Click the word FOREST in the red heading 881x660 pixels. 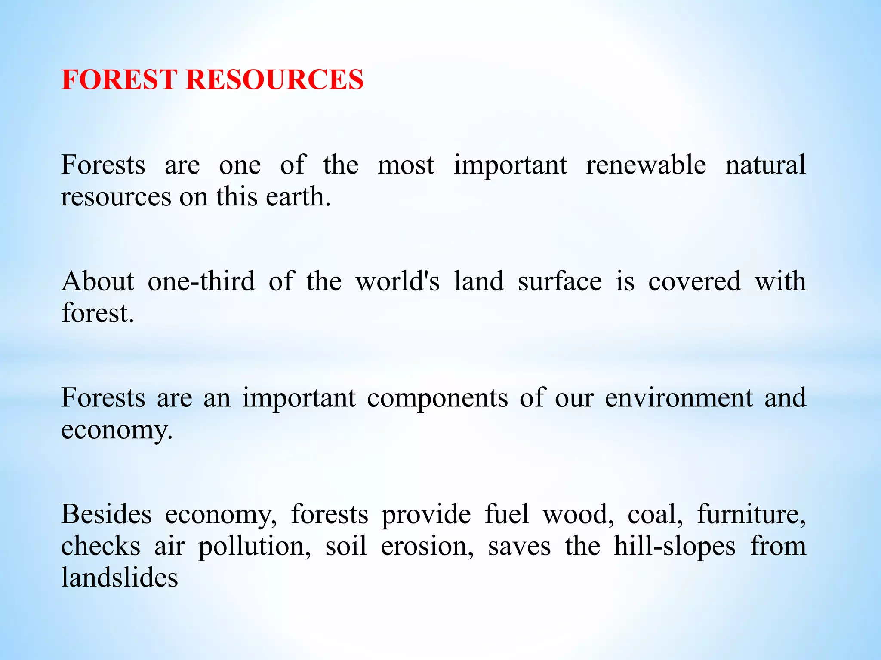click(x=119, y=80)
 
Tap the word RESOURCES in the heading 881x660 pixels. click(x=274, y=80)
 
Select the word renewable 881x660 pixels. click(x=646, y=165)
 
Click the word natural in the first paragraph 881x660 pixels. click(x=765, y=165)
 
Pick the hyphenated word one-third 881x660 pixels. click(x=201, y=281)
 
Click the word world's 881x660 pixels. click(x=398, y=281)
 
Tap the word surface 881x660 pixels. click(x=560, y=281)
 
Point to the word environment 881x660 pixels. click(x=679, y=398)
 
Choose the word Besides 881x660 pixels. click(x=106, y=514)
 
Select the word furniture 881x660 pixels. click(x=751, y=514)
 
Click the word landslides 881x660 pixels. click(x=120, y=577)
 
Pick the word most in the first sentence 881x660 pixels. click(x=406, y=165)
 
